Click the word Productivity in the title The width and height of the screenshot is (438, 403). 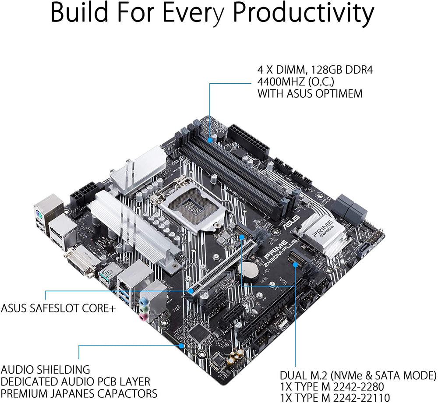tap(302, 14)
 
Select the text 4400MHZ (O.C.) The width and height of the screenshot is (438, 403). tap(294, 82)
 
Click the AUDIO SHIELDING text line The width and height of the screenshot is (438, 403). tap(46, 369)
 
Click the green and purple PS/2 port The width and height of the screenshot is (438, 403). tap(40, 214)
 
